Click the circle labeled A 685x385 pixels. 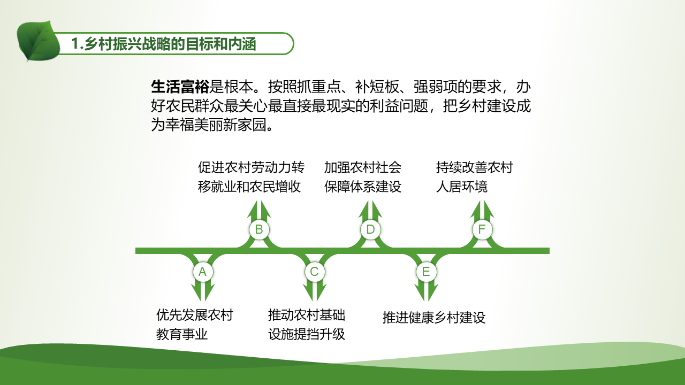203,272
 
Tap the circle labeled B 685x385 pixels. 259,229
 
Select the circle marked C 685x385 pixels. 314,272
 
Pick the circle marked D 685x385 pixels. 371,229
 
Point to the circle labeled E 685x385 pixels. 426,272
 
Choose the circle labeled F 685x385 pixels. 482,229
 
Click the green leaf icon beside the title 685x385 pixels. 38,41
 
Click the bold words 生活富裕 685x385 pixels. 180,87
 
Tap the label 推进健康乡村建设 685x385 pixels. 434,318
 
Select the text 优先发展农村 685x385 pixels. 195,315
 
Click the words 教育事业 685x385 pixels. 182,334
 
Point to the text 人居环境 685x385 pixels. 462,187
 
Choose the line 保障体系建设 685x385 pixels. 363,187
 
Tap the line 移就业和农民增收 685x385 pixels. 249,187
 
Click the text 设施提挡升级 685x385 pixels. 307,334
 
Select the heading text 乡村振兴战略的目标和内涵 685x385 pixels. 170,44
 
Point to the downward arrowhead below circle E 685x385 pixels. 427,292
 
